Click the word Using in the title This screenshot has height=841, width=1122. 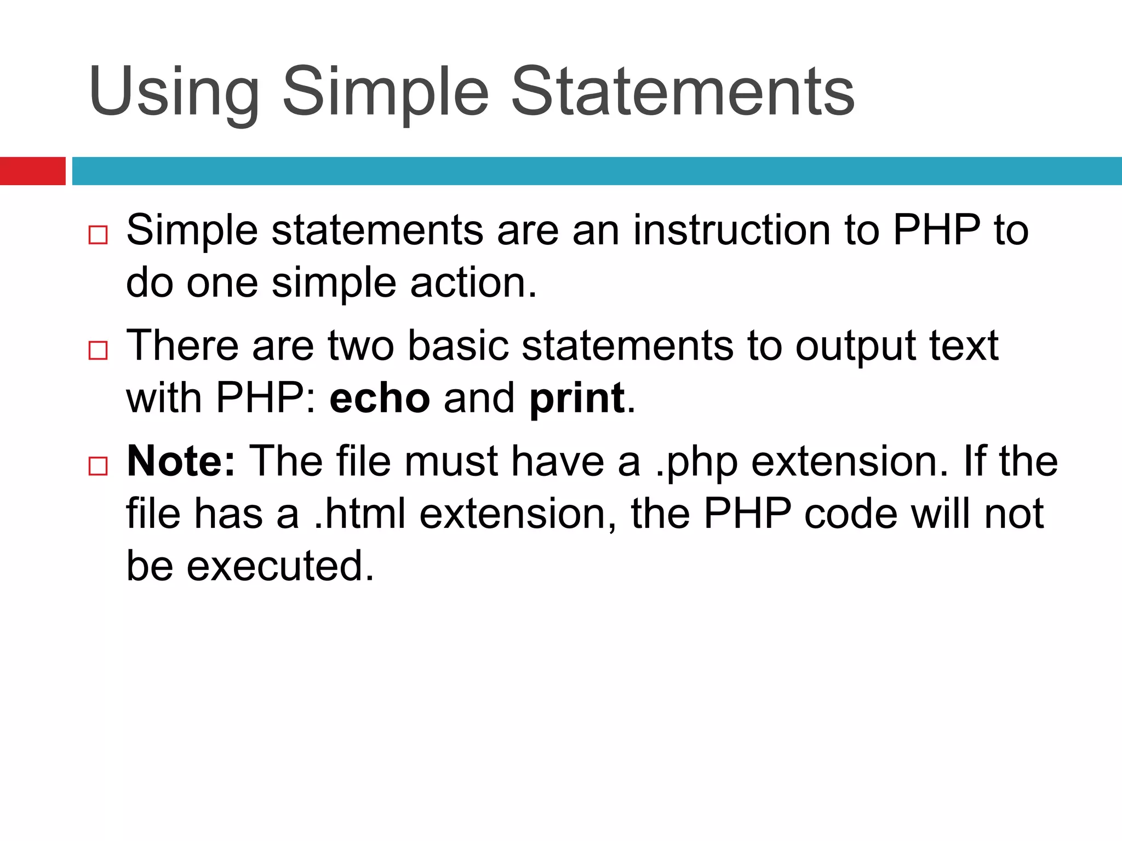(173, 92)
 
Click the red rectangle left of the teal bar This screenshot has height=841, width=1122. (32, 171)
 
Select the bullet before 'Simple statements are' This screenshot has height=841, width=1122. (98, 235)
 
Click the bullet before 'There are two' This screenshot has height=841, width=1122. (98, 350)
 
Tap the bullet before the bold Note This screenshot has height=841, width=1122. (98, 466)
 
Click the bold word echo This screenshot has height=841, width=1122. (379, 398)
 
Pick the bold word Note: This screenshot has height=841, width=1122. (181, 461)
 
